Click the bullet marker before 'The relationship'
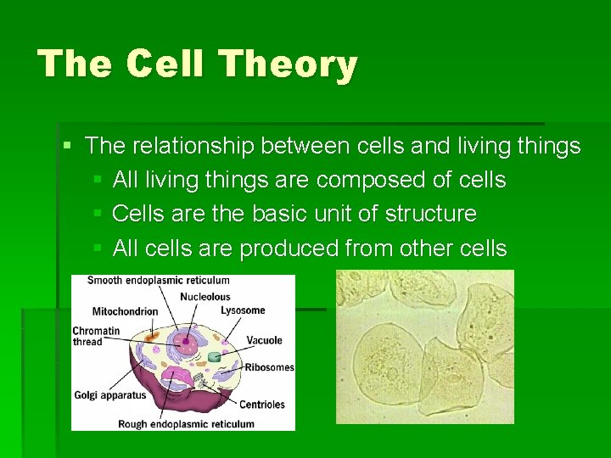68,146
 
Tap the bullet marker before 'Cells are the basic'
98,214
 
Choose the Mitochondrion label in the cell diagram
125,311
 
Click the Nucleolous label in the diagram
205,297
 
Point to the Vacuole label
264,340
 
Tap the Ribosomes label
269,367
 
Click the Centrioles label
261,405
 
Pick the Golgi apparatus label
109,394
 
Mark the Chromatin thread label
96,336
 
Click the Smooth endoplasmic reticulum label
158,280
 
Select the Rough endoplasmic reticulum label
186,424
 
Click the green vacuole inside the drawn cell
215,357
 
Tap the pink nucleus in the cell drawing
183,343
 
